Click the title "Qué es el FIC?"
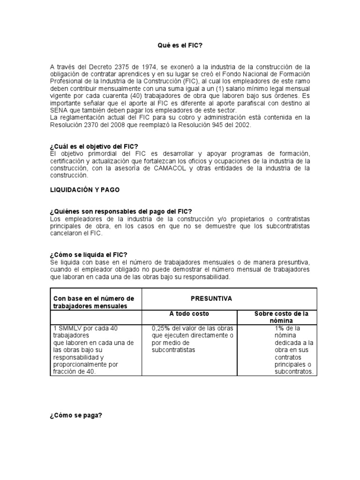pos(180,45)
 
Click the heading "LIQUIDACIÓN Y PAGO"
pos(84,190)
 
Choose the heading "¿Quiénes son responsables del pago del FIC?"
pos(121,212)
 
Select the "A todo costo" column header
pos(189,313)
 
